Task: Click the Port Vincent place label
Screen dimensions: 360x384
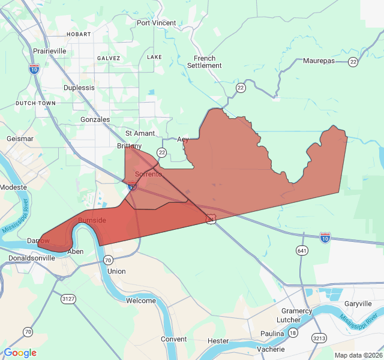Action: (156, 23)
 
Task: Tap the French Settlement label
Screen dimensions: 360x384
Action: (205, 62)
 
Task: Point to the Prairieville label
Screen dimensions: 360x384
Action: (50, 52)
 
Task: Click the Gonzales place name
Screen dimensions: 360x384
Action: (95, 119)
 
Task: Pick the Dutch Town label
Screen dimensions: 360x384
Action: (35, 103)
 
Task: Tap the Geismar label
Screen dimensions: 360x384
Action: (19, 139)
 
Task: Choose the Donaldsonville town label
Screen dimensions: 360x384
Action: (32, 259)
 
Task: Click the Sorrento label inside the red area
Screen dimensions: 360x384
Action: (148, 175)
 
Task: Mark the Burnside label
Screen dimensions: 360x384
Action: (92, 220)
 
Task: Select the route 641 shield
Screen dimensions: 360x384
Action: (302, 250)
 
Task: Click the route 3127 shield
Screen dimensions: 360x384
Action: (68, 298)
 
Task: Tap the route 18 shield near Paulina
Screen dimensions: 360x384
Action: (293, 333)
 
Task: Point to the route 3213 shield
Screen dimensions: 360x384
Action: (319, 339)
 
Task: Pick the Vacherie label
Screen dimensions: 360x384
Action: (270, 349)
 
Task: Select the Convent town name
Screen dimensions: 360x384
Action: (174, 339)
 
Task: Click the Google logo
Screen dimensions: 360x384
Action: (20, 353)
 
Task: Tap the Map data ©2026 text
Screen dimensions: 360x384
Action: (358, 355)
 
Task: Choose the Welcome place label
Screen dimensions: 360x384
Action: (141, 301)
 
